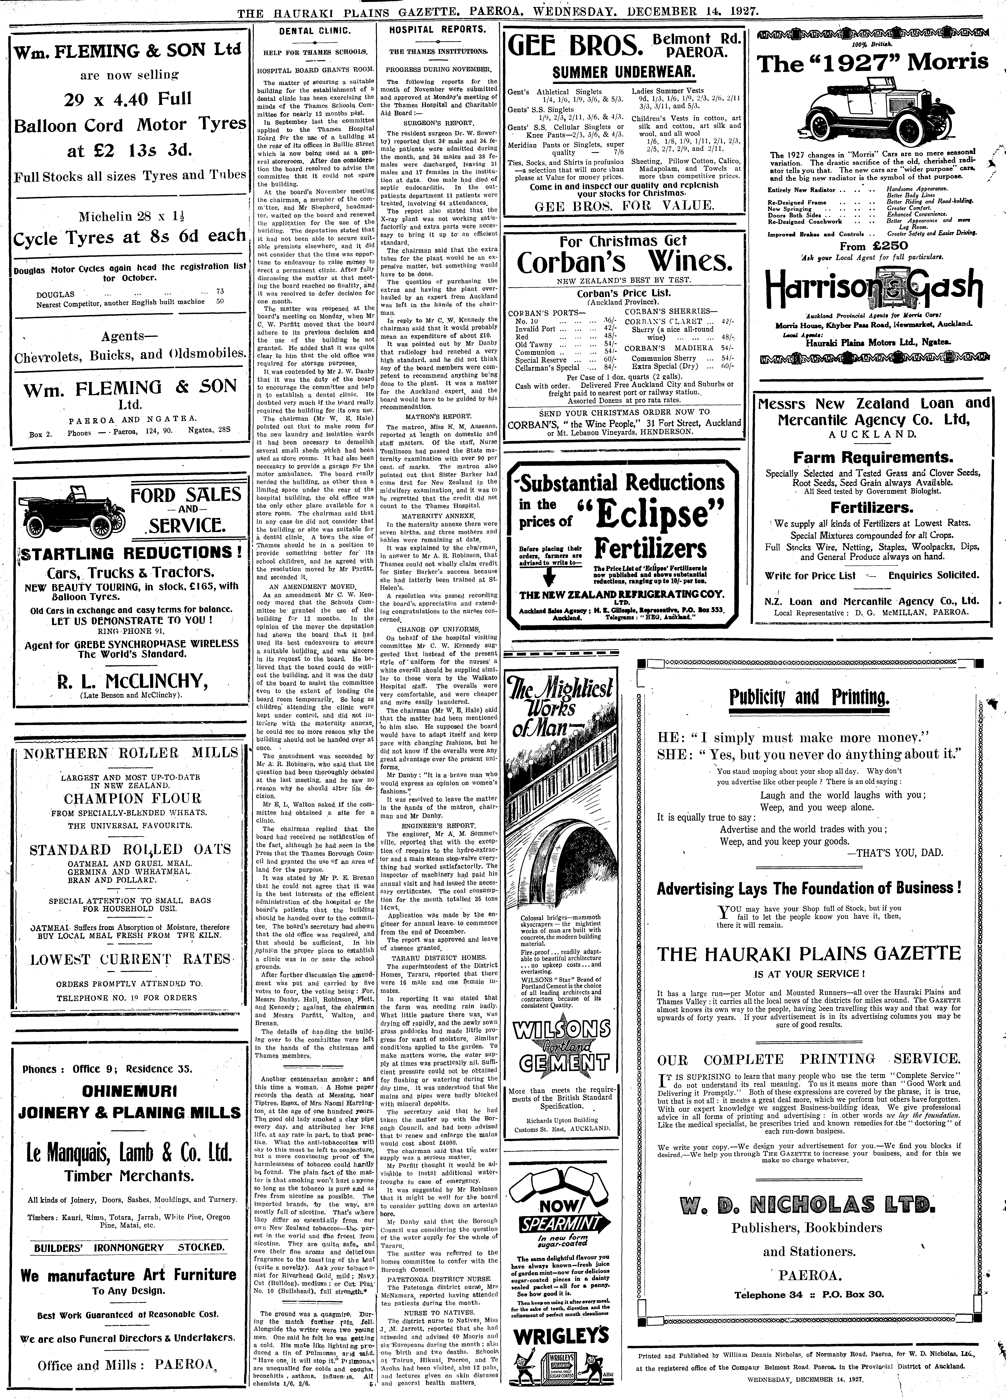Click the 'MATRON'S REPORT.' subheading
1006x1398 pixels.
(437, 416)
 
